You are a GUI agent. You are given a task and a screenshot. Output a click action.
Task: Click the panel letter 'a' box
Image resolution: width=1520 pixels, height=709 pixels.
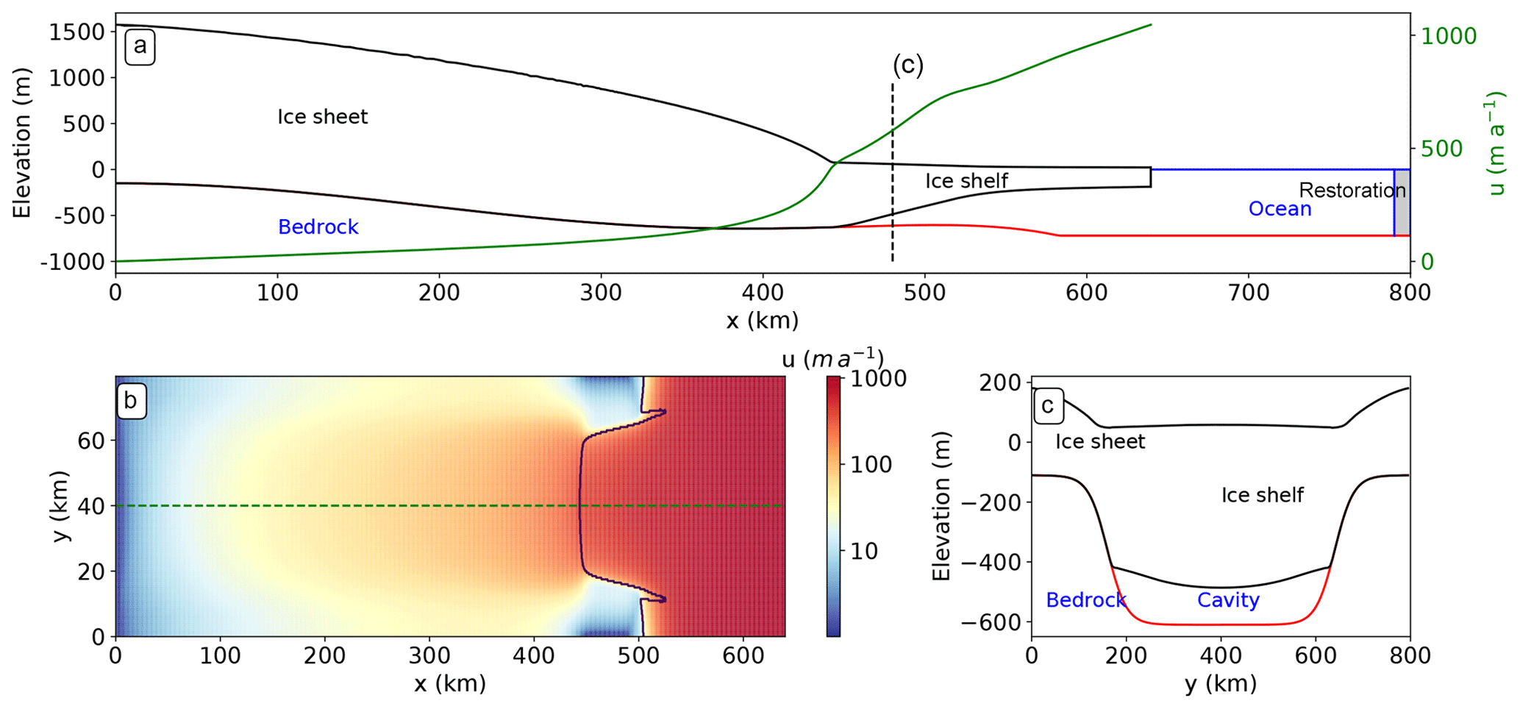(x=140, y=47)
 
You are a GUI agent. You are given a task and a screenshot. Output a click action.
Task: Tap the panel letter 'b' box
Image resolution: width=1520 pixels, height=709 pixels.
(x=132, y=401)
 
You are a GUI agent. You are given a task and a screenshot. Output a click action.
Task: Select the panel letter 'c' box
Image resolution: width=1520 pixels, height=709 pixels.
(x=1049, y=405)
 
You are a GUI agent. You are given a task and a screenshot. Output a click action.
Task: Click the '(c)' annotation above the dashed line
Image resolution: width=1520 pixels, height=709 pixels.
(x=907, y=65)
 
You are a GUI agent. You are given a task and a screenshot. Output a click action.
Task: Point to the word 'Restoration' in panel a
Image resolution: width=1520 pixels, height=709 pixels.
(x=1352, y=190)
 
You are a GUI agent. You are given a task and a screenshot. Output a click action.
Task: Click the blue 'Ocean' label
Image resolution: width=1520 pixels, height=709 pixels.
(x=1280, y=209)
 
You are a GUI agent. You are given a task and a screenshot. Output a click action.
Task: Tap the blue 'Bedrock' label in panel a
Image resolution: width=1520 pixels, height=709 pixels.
(x=318, y=227)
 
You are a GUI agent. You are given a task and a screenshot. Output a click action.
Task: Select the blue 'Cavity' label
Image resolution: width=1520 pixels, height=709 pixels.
(x=1228, y=600)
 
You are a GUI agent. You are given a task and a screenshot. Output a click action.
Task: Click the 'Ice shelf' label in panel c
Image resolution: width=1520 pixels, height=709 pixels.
(x=1262, y=495)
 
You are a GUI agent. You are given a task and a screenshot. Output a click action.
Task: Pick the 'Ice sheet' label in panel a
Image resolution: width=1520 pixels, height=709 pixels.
(x=322, y=117)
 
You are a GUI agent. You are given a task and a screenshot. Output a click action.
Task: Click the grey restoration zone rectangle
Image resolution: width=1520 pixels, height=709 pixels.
(x=1402, y=202)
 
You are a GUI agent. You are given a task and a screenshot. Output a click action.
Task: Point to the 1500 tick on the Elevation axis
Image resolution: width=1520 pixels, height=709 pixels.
(x=76, y=32)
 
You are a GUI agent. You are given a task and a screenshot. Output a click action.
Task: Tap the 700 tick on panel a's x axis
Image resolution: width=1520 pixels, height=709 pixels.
(x=1249, y=293)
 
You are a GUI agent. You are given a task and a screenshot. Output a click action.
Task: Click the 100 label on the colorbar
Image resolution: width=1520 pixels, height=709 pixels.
(x=871, y=465)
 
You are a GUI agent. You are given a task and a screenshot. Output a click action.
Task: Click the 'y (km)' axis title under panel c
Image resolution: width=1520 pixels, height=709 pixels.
(x=1220, y=684)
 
